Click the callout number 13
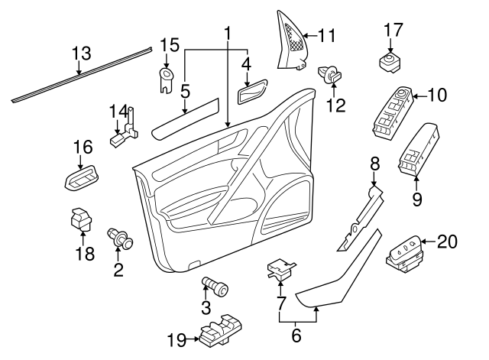81,54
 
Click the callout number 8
374,164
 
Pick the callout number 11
327,34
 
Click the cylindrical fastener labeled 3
215,287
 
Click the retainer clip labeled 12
329,74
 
